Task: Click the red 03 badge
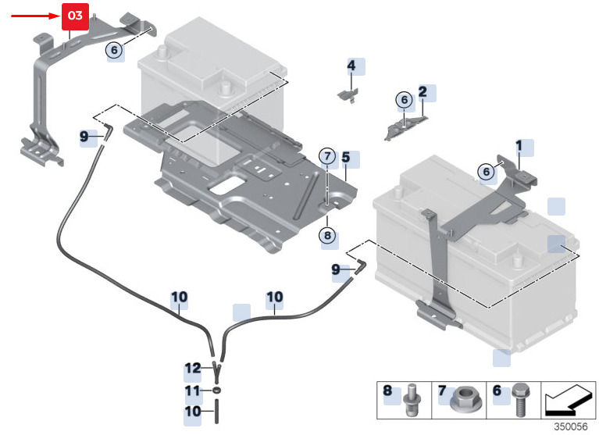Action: coord(75,15)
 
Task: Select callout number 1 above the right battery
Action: coord(518,145)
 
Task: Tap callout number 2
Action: coord(423,92)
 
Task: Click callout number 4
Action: coord(351,66)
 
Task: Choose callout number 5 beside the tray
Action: coord(345,157)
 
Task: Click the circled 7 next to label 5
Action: coord(326,156)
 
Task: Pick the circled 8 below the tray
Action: coord(326,234)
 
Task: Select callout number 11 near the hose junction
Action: coord(193,390)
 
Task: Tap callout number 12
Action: coord(193,368)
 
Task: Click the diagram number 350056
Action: coord(570,426)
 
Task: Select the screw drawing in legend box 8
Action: coord(411,399)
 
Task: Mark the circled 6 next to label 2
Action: coord(404,100)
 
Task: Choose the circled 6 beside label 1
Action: coord(487,171)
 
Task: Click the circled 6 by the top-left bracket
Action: coord(115,50)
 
